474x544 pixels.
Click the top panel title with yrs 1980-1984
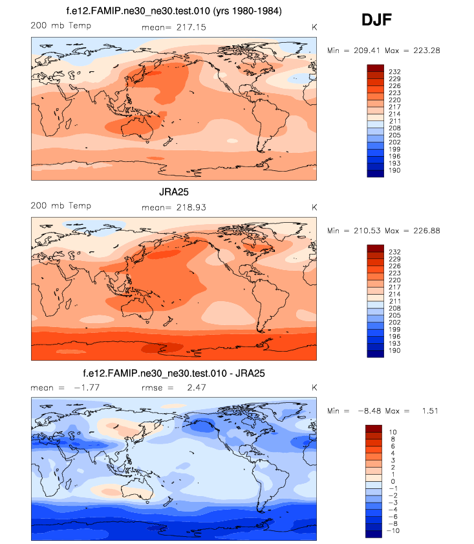(174, 11)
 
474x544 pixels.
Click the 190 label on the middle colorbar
(394, 351)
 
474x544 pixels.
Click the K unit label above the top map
(314, 26)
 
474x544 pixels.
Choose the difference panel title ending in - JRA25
(174, 374)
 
